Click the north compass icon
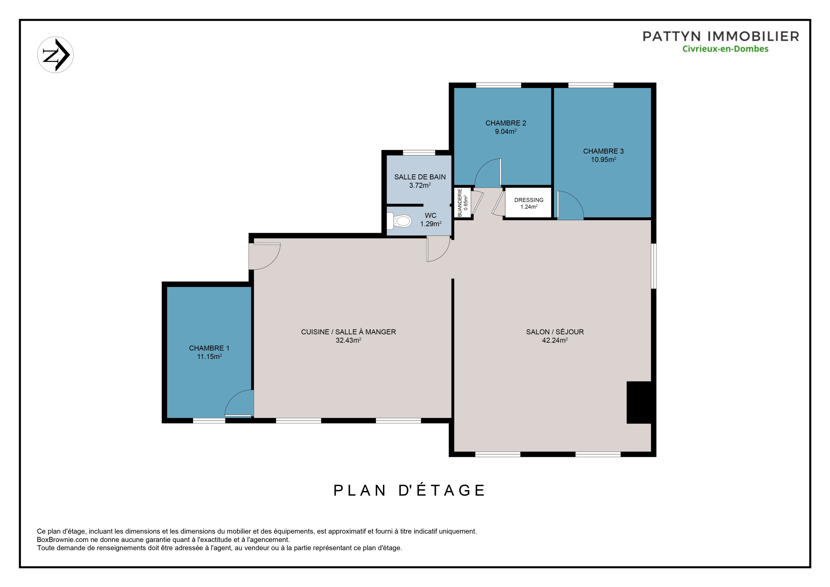pyautogui.click(x=55, y=55)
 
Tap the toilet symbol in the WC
pyautogui.click(x=399, y=221)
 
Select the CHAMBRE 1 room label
pyautogui.click(x=209, y=348)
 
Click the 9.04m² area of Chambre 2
pyautogui.click(x=506, y=131)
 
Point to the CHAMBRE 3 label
pyautogui.click(x=603, y=151)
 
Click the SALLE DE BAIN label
pyautogui.click(x=420, y=177)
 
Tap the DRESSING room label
pyautogui.click(x=529, y=200)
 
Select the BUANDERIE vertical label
pyautogui.click(x=460, y=203)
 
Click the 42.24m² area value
pyautogui.click(x=555, y=341)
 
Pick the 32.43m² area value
pyautogui.click(x=349, y=341)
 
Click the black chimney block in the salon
pyautogui.click(x=640, y=403)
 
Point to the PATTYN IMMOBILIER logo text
pyautogui.click(x=721, y=36)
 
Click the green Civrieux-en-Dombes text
pyautogui.click(x=725, y=49)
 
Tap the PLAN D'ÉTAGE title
pyautogui.click(x=409, y=490)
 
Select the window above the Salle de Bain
pyautogui.click(x=419, y=152)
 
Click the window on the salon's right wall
pyautogui.click(x=654, y=266)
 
